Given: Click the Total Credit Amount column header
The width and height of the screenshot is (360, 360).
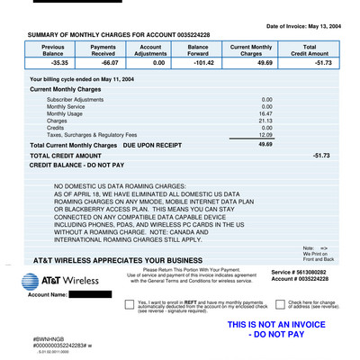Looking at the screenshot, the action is (x=309, y=49).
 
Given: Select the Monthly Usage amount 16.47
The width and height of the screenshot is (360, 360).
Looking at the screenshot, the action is (x=265, y=113).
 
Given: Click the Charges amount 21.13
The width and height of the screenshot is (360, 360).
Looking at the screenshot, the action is (x=265, y=121).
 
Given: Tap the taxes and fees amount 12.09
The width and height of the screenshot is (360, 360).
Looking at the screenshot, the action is (x=265, y=135).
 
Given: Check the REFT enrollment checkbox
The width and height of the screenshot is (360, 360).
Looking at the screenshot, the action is (x=129, y=304).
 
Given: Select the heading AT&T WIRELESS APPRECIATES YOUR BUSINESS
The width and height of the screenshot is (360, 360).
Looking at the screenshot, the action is (x=118, y=260).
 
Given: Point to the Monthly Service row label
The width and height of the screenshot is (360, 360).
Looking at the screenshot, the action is (x=68, y=106).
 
